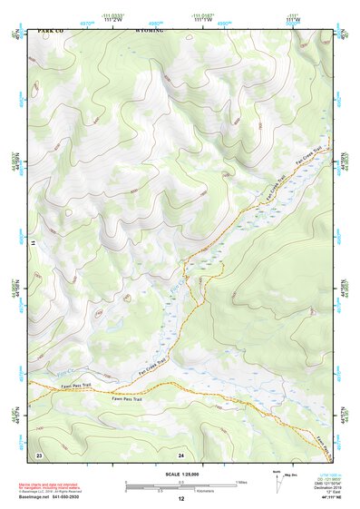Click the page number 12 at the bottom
(x=180, y=499)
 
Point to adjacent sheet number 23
(x=39, y=453)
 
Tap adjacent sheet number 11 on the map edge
(x=32, y=243)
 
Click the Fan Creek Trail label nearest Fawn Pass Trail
(x=151, y=367)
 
